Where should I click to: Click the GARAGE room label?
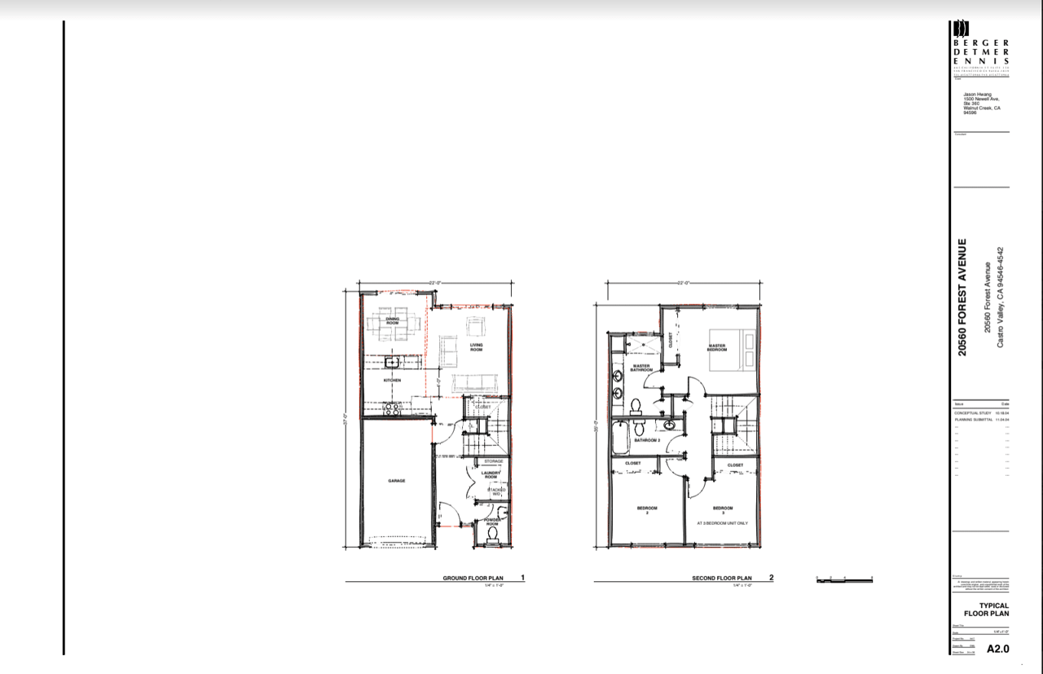click(x=397, y=481)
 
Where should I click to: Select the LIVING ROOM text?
click(x=476, y=346)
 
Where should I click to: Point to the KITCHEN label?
click(x=392, y=381)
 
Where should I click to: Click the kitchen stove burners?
click(x=392, y=411)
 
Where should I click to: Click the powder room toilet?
click(x=492, y=535)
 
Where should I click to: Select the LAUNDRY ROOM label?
click(x=490, y=474)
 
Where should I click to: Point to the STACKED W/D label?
click(x=496, y=491)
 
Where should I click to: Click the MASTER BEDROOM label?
click(x=717, y=346)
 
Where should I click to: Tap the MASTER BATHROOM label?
click(x=642, y=368)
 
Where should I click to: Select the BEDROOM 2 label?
click(x=647, y=510)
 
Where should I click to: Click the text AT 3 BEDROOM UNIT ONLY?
click(x=722, y=523)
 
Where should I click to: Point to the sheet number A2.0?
click(x=998, y=650)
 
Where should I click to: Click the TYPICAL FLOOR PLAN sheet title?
click(x=987, y=610)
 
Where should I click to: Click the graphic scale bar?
click(x=844, y=578)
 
